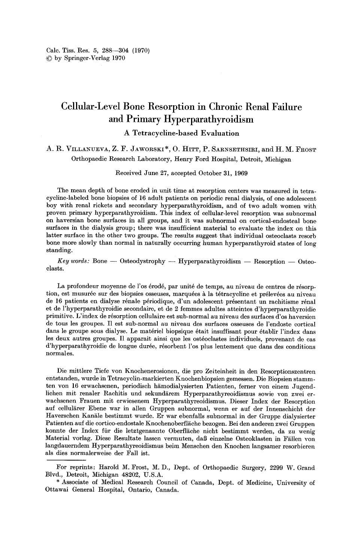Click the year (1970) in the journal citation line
click(x=141, y=51)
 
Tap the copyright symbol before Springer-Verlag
click(x=48, y=58)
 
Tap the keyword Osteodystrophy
click(x=142, y=261)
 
